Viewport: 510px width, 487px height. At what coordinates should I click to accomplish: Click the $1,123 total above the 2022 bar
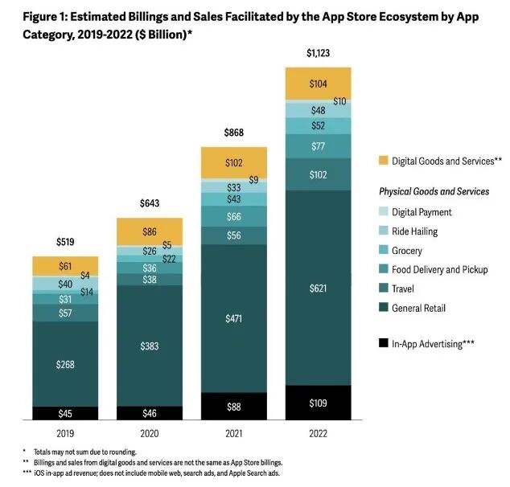click(x=319, y=54)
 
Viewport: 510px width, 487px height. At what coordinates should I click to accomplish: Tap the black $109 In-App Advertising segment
click(x=319, y=402)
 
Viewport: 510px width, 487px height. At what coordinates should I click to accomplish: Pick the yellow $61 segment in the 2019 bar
click(x=65, y=267)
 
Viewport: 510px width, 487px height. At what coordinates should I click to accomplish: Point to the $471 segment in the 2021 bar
click(x=234, y=317)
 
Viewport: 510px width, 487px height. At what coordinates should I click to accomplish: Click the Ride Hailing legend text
click(x=417, y=231)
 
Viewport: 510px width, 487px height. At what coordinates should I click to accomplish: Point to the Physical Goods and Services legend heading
click(x=434, y=192)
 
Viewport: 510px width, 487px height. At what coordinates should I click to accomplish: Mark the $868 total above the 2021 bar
click(x=234, y=133)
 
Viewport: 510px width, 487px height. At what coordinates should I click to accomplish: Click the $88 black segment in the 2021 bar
click(x=234, y=406)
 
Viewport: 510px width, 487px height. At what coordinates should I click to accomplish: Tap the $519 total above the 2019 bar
click(x=65, y=242)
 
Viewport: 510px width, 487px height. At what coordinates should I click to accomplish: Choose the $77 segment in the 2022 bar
click(x=319, y=146)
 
